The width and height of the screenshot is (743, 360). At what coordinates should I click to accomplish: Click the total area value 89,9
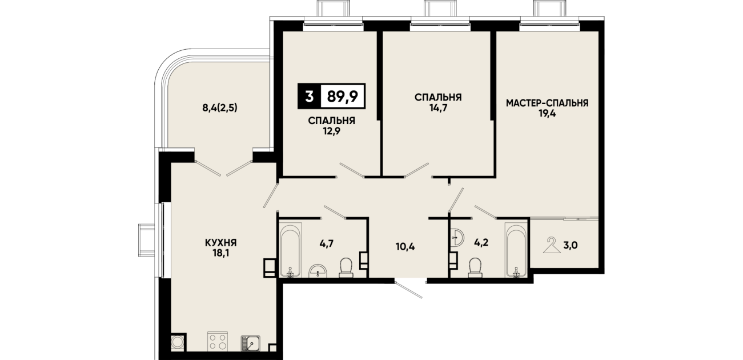pyautogui.click(x=342, y=96)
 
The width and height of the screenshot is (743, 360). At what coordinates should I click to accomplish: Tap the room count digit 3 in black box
pyautogui.click(x=309, y=97)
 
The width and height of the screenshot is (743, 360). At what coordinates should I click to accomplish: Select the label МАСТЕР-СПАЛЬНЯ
pyautogui.click(x=547, y=103)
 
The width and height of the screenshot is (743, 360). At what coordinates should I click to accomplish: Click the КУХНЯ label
pyautogui.click(x=221, y=243)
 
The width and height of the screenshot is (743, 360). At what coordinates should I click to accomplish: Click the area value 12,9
pyautogui.click(x=332, y=131)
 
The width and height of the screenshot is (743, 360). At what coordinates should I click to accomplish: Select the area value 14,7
pyautogui.click(x=438, y=108)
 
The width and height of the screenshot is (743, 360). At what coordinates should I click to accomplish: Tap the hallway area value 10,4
pyautogui.click(x=405, y=247)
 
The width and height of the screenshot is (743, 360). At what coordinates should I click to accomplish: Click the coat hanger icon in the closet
pyautogui.click(x=551, y=245)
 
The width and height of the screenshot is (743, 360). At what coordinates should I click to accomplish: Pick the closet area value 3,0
pyautogui.click(x=571, y=246)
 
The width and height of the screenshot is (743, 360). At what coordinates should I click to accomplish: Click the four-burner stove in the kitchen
pyautogui.click(x=218, y=341)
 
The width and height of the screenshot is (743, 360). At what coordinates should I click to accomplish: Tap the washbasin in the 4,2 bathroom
pyautogui.click(x=458, y=238)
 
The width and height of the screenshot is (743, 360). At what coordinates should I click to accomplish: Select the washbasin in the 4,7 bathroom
pyautogui.click(x=319, y=271)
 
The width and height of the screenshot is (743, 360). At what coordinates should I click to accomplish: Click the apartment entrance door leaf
pyautogui.click(x=409, y=290)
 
